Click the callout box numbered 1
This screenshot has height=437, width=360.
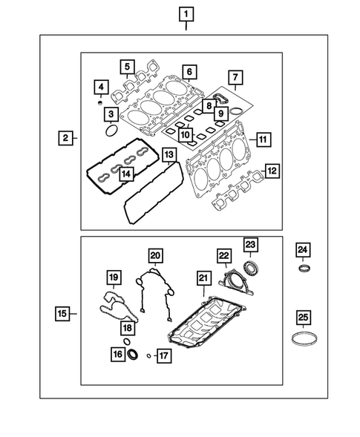click(185, 13)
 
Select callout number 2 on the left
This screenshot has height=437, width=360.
click(66, 137)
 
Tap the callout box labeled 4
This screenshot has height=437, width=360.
click(99, 89)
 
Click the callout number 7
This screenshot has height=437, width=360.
click(235, 77)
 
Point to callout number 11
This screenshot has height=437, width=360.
click(261, 139)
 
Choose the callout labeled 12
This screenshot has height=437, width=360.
click(272, 171)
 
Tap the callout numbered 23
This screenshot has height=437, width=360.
click(250, 246)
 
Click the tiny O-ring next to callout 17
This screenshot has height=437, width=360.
click(148, 355)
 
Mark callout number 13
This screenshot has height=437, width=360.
click(169, 154)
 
